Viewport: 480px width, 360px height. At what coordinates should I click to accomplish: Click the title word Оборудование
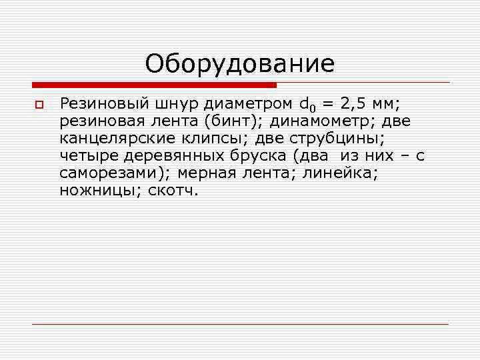click(240, 65)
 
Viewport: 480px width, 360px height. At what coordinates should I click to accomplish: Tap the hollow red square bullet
click(39, 105)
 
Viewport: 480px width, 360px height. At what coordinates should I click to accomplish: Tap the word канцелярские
click(117, 139)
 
